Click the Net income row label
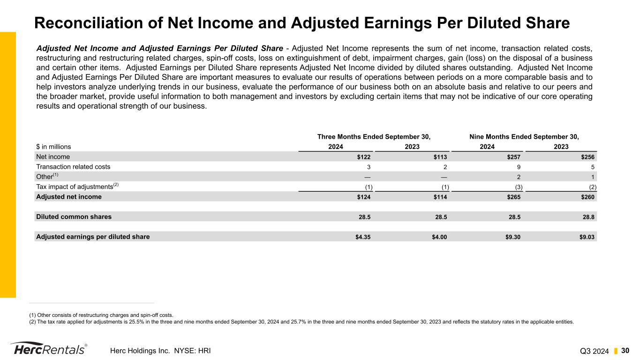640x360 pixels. pos(53,157)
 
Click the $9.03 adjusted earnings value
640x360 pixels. pos(587,237)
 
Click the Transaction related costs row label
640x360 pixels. pos(73,166)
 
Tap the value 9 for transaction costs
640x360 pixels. pos(519,166)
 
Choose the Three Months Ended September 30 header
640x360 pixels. pos(374,137)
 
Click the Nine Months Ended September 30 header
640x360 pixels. pos(524,137)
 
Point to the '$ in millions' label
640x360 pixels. pos(53,147)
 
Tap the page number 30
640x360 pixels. pos(625,351)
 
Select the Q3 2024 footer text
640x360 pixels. pos(595,351)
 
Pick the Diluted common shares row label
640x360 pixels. pos(74,217)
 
